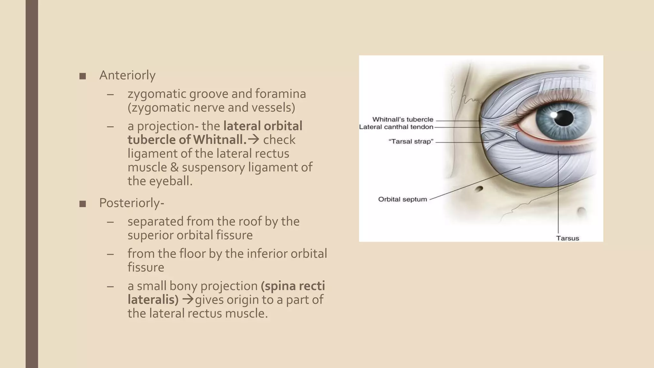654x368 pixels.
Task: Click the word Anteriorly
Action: pyautogui.click(x=127, y=75)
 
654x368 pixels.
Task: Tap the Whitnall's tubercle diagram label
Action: pyautogui.click(x=402, y=119)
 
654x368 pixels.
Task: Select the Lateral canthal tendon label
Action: pyautogui.click(x=396, y=127)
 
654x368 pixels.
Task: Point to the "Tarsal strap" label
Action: pyautogui.click(x=411, y=142)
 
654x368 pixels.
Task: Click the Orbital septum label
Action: pyautogui.click(x=402, y=199)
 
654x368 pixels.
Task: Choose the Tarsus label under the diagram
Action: pyautogui.click(x=567, y=238)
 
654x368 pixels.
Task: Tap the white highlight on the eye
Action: pyautogui.click(x=553, y=114)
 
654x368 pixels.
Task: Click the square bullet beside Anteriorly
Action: pyautogui.click(x=82, y=76)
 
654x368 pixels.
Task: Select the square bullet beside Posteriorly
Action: pyautogui.click(x=82, y=203)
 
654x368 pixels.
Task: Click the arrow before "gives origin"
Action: pyautogui.click(x=188, y=300)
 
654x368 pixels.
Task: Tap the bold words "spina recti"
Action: pyautogui.click(x=293, y=286)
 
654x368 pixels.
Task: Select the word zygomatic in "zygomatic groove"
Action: pyautogui.click(x=157, y=94)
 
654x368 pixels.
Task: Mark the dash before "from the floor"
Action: pyautogui.click(x=110, y=254)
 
